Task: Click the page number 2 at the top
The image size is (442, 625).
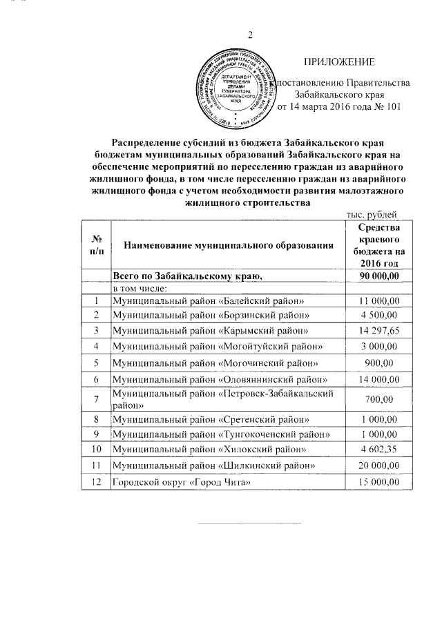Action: click(251, 35)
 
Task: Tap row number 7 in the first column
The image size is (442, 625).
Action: click(96, 398)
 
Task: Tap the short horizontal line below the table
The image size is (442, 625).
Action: click(250, 522)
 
